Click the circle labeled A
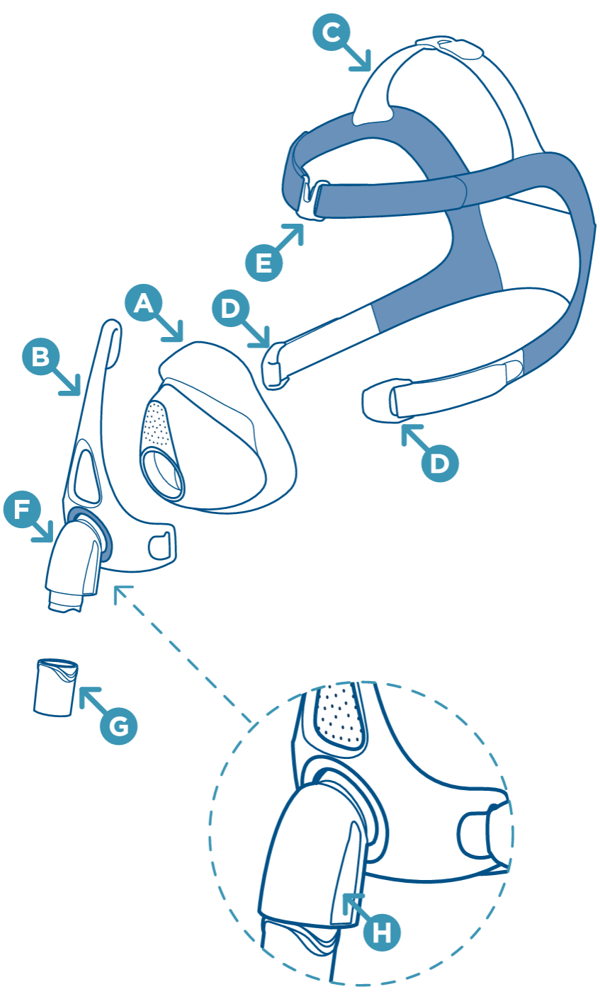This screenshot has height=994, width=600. pyautogui.click(x=144, y=304)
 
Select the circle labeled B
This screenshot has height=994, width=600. pyautogui.click(x=41, y=356)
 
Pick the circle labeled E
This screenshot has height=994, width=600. pyautogui.click(x=264, y=263)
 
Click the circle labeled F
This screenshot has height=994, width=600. pyautogui.click(x=22, y=510)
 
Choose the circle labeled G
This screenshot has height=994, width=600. pyautogui.click(x=118, y=724)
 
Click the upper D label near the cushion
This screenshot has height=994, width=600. pyautogui.click(x=230, y=309)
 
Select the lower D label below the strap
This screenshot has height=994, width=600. pyautogui.click(x=440, y=463)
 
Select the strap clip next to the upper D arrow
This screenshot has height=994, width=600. pyautogui.click(x=275, y=365)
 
